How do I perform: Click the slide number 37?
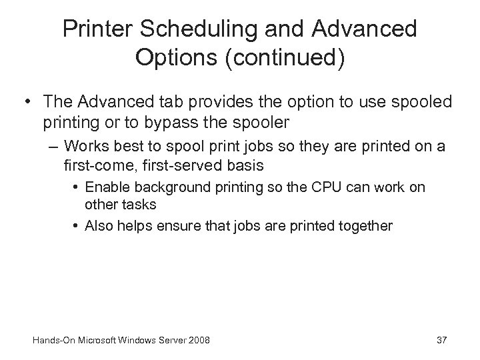441,341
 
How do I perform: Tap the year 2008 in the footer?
198,341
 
